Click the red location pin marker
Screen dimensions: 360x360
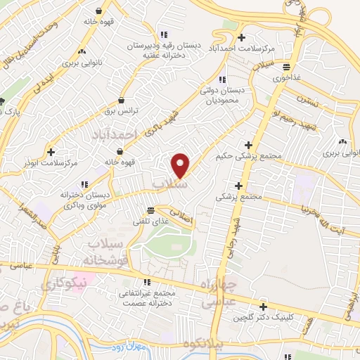pos(181,165)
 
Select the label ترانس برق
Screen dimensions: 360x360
pos(119,111)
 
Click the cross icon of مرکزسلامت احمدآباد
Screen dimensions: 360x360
pos(243,37)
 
